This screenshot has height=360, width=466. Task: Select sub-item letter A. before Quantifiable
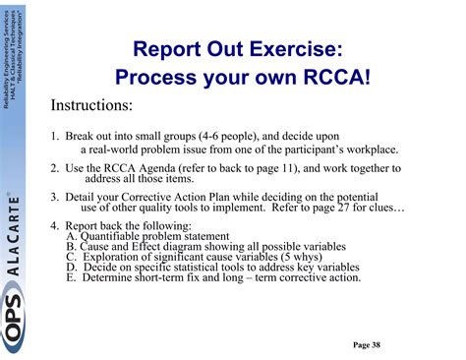click(x=72, y=236)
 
